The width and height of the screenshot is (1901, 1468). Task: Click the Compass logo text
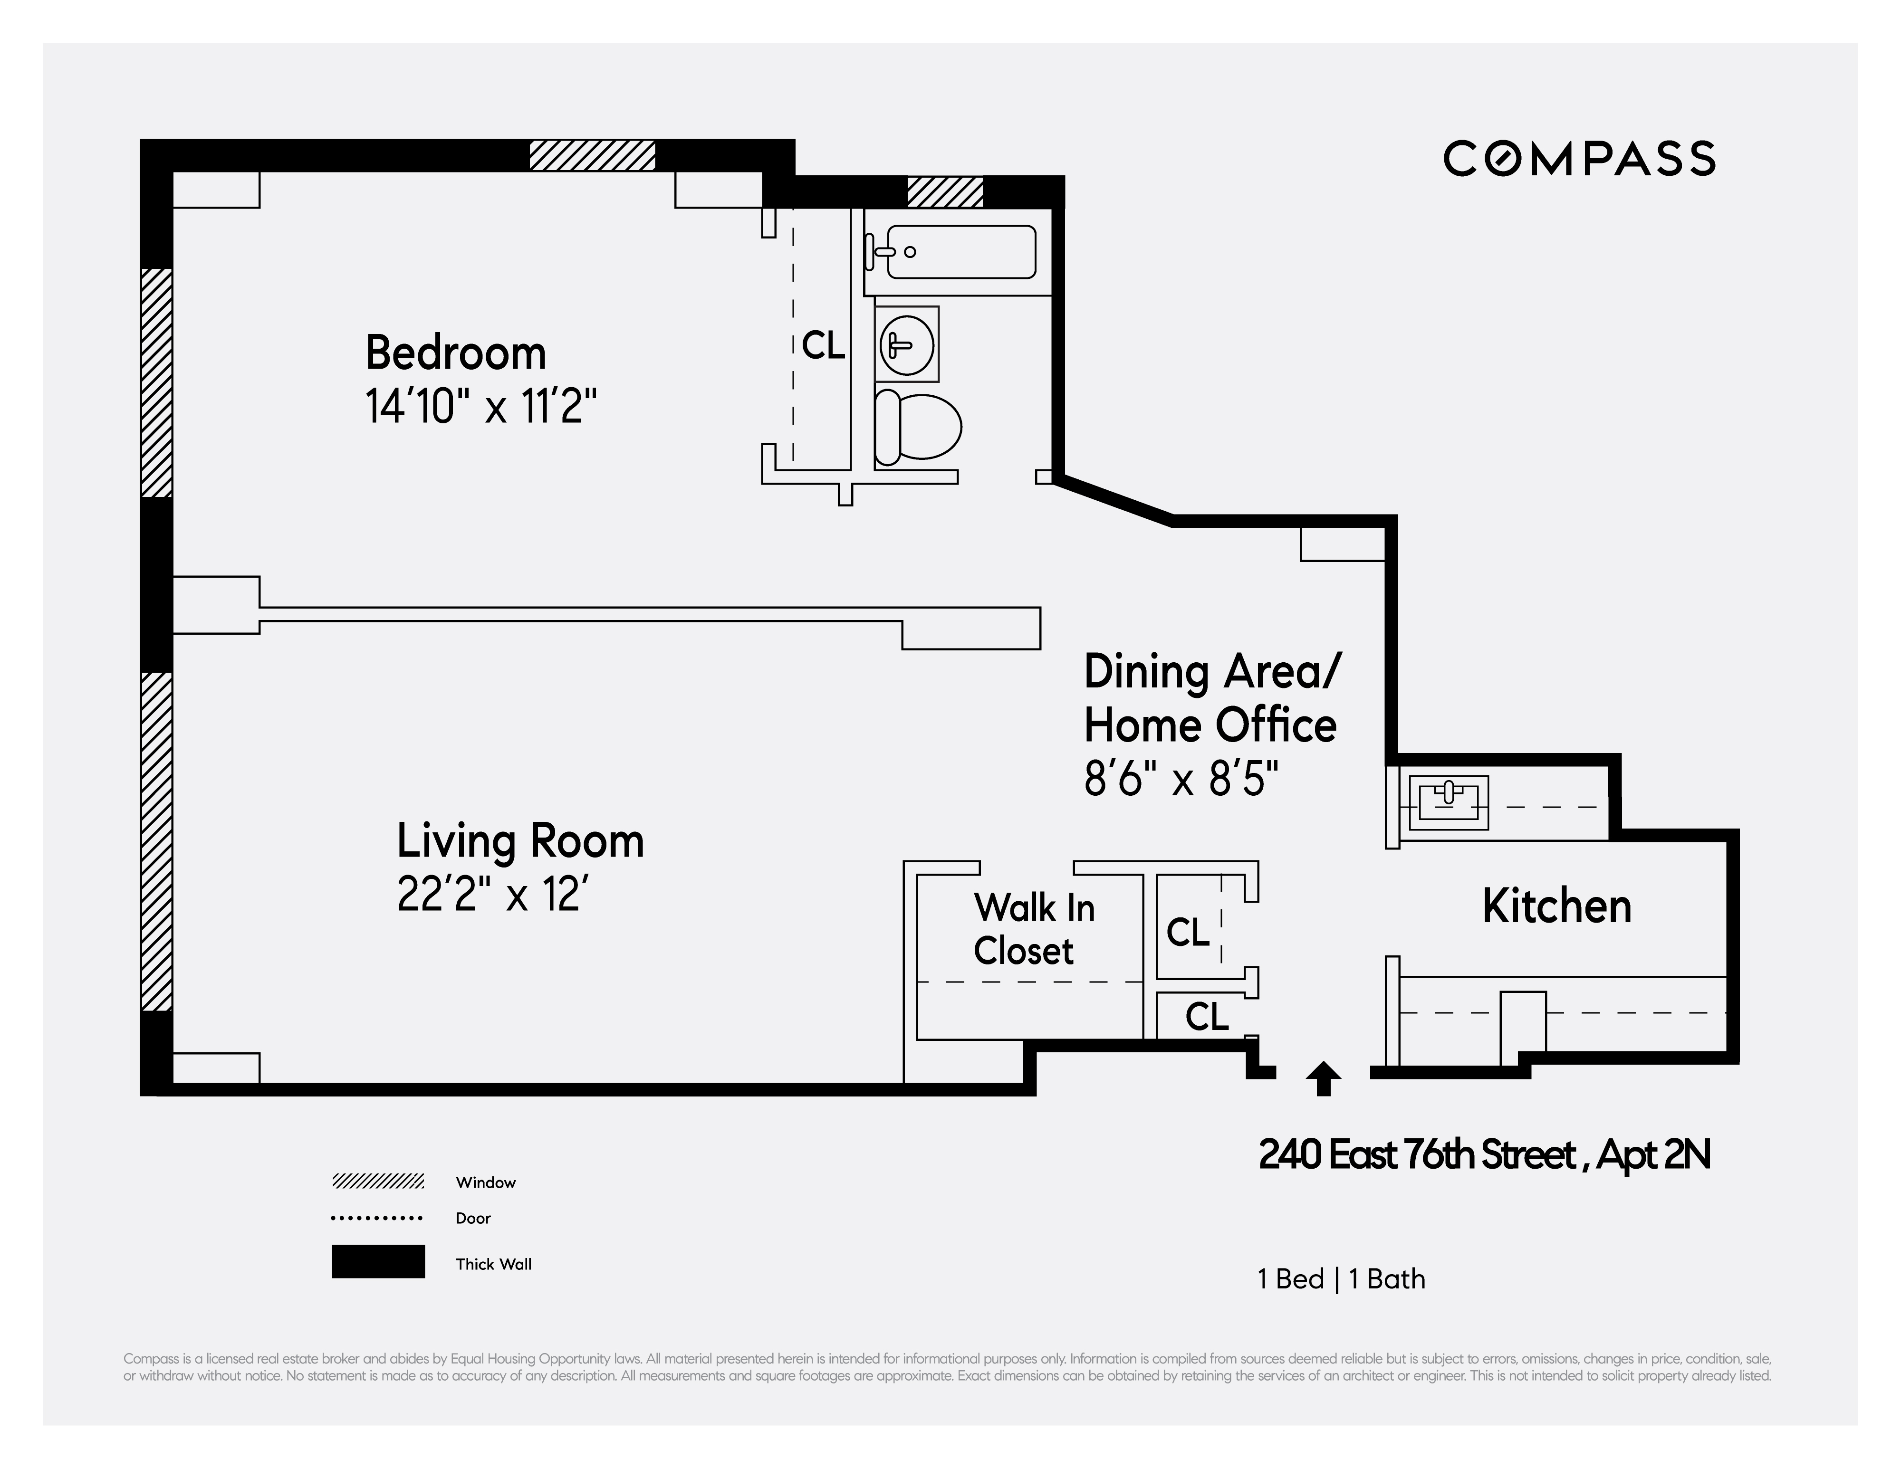coord(1579,158)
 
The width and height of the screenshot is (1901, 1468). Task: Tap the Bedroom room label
coord(455,353)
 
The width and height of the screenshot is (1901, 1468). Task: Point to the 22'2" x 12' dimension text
coord(499,894)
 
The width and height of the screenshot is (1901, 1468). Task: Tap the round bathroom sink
coord(906,344)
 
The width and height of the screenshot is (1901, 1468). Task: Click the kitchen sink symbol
coord(1449,801)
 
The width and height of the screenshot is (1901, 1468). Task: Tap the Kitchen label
coord(1556,906)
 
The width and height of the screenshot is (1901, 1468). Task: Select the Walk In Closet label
coord(1033,928)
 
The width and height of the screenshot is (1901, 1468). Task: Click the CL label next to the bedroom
coord(823,345)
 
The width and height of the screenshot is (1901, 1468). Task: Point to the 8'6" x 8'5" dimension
coord(1181,779)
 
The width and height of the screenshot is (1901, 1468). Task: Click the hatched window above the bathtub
coord(944,191)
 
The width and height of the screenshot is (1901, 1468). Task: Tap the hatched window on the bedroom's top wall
coord(592,155)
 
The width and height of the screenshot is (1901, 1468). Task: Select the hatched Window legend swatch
coord(378,1181)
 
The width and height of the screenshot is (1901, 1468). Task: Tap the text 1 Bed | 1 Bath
coord(1341,1278)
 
